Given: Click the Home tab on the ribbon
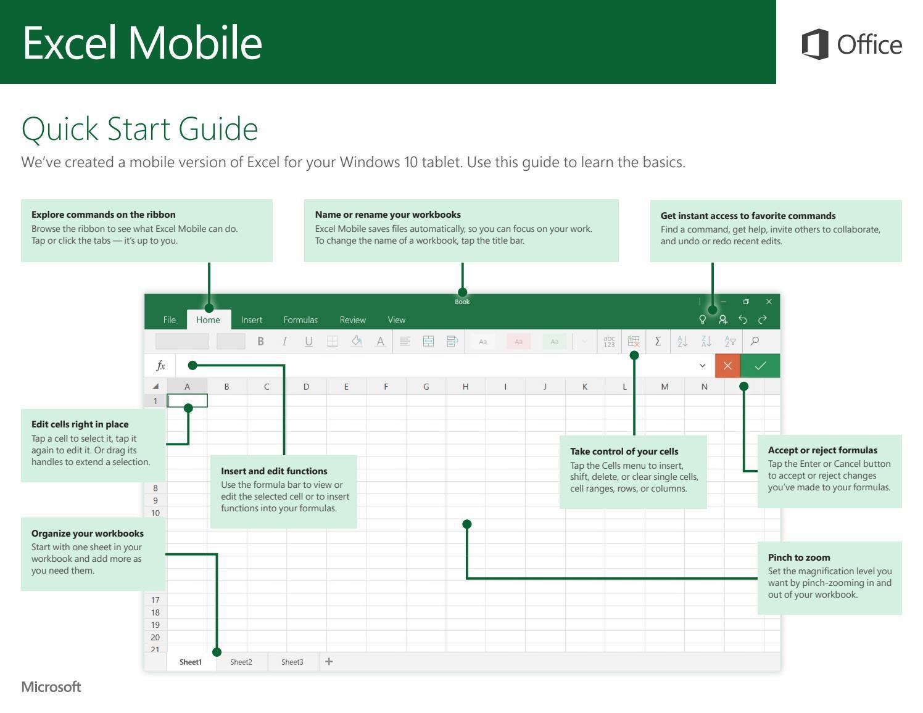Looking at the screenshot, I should [x=208, y=319].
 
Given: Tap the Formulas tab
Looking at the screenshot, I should [x=300, y=319].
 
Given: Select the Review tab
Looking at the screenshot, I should [x=352, y=319].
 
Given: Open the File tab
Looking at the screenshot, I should [x=169, y=319].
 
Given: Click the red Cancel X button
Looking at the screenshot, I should [x=727, y=366].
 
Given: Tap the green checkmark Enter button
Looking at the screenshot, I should [x=760, y=366].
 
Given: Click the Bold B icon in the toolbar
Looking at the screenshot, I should [x=260, y=341].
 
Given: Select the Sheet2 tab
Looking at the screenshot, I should [x=241, y=662].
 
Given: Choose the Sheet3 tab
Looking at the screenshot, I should [x=292, y=662].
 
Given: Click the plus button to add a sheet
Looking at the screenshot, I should [x=329, y=661].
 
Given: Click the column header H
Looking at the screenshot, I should [x=465, y=387].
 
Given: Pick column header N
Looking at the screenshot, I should [x=704, y=387].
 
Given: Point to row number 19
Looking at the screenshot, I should [x=155, y=625].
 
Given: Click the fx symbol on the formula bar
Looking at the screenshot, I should [x=160, y=366].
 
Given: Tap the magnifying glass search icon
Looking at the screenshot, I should [x=755, y=341].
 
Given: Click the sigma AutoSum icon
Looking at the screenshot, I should [x=658, y=341].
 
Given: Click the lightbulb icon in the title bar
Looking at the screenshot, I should [x=702, y=319].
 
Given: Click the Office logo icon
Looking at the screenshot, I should [x=815, y=44].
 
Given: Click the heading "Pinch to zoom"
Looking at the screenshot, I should [x=798, y=557].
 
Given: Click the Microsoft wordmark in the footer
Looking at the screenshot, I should [x=51, y=687].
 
